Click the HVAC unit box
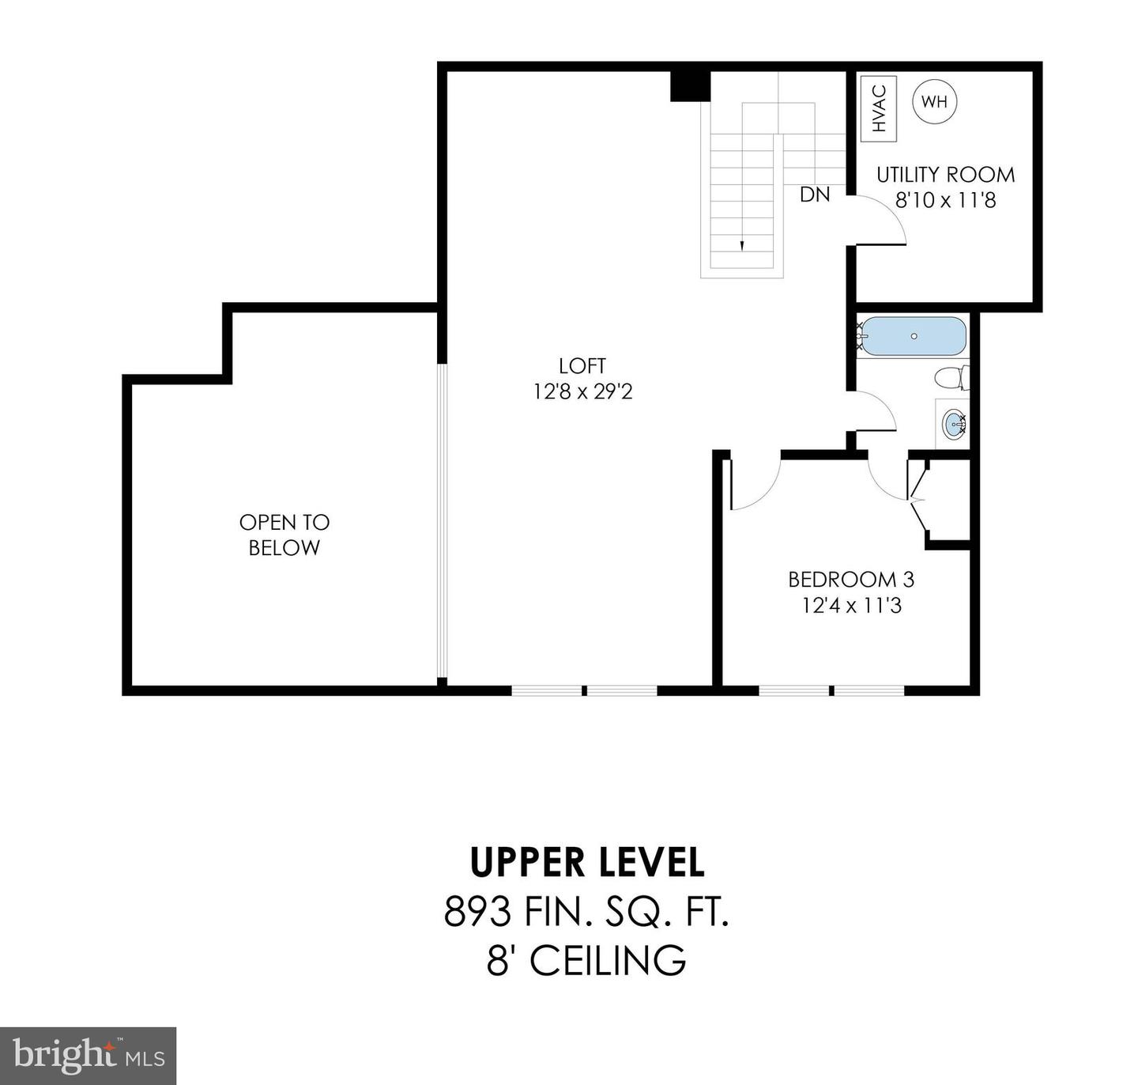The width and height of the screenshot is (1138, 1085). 879,108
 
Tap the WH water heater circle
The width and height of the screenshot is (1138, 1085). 935,101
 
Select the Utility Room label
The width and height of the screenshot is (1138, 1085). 945,174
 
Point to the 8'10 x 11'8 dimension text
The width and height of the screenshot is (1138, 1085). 945,200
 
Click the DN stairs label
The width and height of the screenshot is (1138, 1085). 815,194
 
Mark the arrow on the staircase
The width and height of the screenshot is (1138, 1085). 741,244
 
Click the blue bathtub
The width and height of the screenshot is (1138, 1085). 914,337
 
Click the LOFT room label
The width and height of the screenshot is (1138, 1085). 582,365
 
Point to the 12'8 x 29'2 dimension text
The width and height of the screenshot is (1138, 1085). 582,391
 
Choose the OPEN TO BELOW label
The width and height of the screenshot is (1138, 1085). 284,535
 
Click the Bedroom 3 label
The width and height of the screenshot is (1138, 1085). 851,579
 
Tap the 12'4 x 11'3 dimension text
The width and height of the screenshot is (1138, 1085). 851,606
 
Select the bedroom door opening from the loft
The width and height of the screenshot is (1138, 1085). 755,482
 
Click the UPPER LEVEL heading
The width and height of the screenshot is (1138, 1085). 586,862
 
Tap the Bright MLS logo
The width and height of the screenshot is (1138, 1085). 88,1056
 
